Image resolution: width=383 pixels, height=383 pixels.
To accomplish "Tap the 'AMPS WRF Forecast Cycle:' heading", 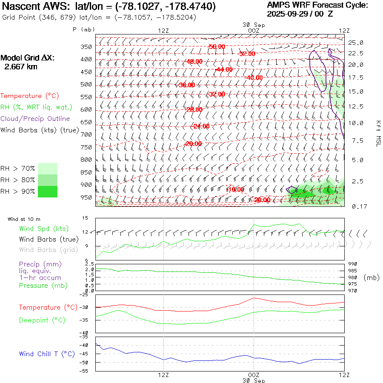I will pos(317,5).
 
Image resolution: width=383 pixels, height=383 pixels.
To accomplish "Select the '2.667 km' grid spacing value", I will pos(20,67).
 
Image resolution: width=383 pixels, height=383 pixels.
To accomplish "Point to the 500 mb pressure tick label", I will pos(86,84).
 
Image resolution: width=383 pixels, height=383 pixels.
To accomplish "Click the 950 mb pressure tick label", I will pos(86,197).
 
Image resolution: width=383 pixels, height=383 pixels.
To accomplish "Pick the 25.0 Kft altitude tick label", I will pos(356,43).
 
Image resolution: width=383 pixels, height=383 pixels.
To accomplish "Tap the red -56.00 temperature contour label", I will pos(217,46).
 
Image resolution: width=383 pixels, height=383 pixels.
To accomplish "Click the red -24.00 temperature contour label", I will pos(201,126).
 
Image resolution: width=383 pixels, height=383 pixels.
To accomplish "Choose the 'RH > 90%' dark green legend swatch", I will pos(48,191).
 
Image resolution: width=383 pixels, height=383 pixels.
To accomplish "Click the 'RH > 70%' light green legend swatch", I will pos(48,169).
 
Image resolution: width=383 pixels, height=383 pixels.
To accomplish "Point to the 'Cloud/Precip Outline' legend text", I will pos(35,119).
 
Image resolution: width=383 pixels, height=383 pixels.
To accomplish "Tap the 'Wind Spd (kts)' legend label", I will pos(43,229).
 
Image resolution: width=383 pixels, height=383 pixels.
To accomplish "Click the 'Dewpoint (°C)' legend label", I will pos(40,320).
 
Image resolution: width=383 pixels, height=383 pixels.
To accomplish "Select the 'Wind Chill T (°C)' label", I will pos(46,354).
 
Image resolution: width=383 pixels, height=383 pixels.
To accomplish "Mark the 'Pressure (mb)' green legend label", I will pos(39,286).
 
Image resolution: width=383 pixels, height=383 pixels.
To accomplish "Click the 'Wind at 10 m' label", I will pos(24,219).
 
